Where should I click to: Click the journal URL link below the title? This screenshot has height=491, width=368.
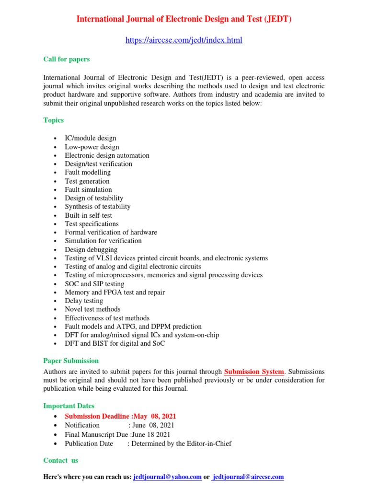184,41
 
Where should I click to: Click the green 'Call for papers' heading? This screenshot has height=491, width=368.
67,59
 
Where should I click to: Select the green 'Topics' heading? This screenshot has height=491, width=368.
54,120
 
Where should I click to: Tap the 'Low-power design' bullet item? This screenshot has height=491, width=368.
92,147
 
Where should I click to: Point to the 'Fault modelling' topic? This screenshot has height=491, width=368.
88,173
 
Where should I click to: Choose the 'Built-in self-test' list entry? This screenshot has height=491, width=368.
89,215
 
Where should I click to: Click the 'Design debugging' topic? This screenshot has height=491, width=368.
91,249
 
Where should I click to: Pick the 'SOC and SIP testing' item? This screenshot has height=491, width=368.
94,284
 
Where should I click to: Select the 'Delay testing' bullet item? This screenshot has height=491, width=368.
84,301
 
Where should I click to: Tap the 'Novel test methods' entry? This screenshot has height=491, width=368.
93,309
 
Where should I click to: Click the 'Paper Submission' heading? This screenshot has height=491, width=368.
71,361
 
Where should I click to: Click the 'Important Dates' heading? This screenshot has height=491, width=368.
69,406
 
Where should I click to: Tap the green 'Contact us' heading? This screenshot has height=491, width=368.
61,460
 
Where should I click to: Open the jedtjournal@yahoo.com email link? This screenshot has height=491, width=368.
167,477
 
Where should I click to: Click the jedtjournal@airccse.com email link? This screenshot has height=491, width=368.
248,477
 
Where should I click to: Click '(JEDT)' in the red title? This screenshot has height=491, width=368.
275,20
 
